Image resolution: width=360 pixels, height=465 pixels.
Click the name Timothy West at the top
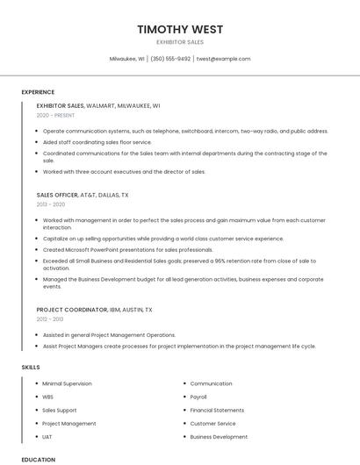coord(180,30)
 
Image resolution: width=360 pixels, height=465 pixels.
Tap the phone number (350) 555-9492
coord(170,59)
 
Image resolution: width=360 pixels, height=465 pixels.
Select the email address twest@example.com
coord(223,59)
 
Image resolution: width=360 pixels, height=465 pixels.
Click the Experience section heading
coord(38,92)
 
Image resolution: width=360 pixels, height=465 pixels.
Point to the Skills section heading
coord(31,367)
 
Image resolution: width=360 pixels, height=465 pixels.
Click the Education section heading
coord(38,459)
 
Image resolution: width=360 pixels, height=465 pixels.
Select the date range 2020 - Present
coord(56,115)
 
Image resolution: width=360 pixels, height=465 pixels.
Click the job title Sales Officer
coord(57,195)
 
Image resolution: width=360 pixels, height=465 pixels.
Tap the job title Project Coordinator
coord(68,310)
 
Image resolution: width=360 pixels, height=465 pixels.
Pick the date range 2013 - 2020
coord(51,204)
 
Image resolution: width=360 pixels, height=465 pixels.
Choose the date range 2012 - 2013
coord(50,319)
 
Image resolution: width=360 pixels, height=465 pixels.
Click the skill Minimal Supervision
coord(67,383)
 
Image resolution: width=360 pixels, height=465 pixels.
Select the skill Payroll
coord(198,397)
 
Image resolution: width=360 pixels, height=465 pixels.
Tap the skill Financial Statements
coord(217,410)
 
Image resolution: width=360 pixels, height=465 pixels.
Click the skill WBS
coord(48,397)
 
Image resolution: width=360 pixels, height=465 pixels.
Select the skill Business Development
coord(219,436)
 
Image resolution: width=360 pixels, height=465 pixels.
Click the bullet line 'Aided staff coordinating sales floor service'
coord(97,142)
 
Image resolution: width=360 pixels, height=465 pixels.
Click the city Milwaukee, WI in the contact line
coord(126,59)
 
